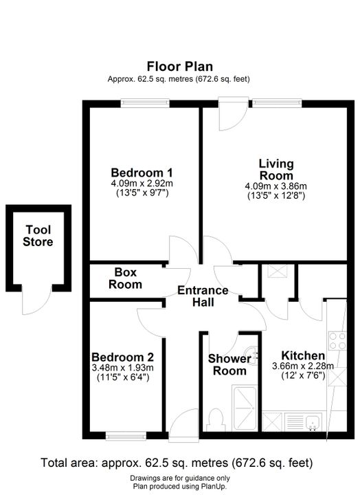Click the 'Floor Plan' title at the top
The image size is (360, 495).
click(180, 66)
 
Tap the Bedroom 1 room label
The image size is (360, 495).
click(142, 173)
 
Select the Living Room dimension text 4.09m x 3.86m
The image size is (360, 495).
click(276, 186)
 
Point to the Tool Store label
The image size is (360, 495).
click(38, 236)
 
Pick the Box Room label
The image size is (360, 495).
click(125, 278)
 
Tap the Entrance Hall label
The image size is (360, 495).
click(203, 296)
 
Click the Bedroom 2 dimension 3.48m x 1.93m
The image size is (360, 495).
click(123, 367)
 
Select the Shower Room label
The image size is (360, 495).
click(229, 364)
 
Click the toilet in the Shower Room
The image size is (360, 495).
click(216, 421)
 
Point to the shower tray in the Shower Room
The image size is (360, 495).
click(245, 408)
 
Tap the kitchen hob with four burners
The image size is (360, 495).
click(337, 341)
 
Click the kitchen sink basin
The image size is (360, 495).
click(313, 421)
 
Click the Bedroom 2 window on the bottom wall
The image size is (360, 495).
click(126, 437)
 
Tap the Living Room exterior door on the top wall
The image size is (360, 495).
click(233, 113)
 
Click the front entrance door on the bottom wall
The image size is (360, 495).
click(183, 426)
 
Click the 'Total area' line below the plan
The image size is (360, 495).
click(177, 463)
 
